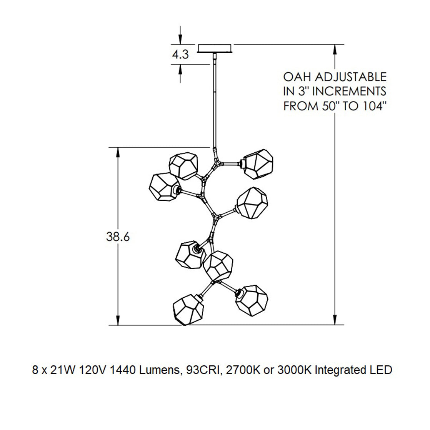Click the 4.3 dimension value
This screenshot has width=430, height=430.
(x=180, y=55)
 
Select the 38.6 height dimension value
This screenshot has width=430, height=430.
(x=118, y=237)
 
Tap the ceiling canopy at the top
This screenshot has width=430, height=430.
(x=215, y=48)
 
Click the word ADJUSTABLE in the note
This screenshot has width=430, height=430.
(x=350, y=77)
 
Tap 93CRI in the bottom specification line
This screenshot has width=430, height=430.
(x=200, y=370)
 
